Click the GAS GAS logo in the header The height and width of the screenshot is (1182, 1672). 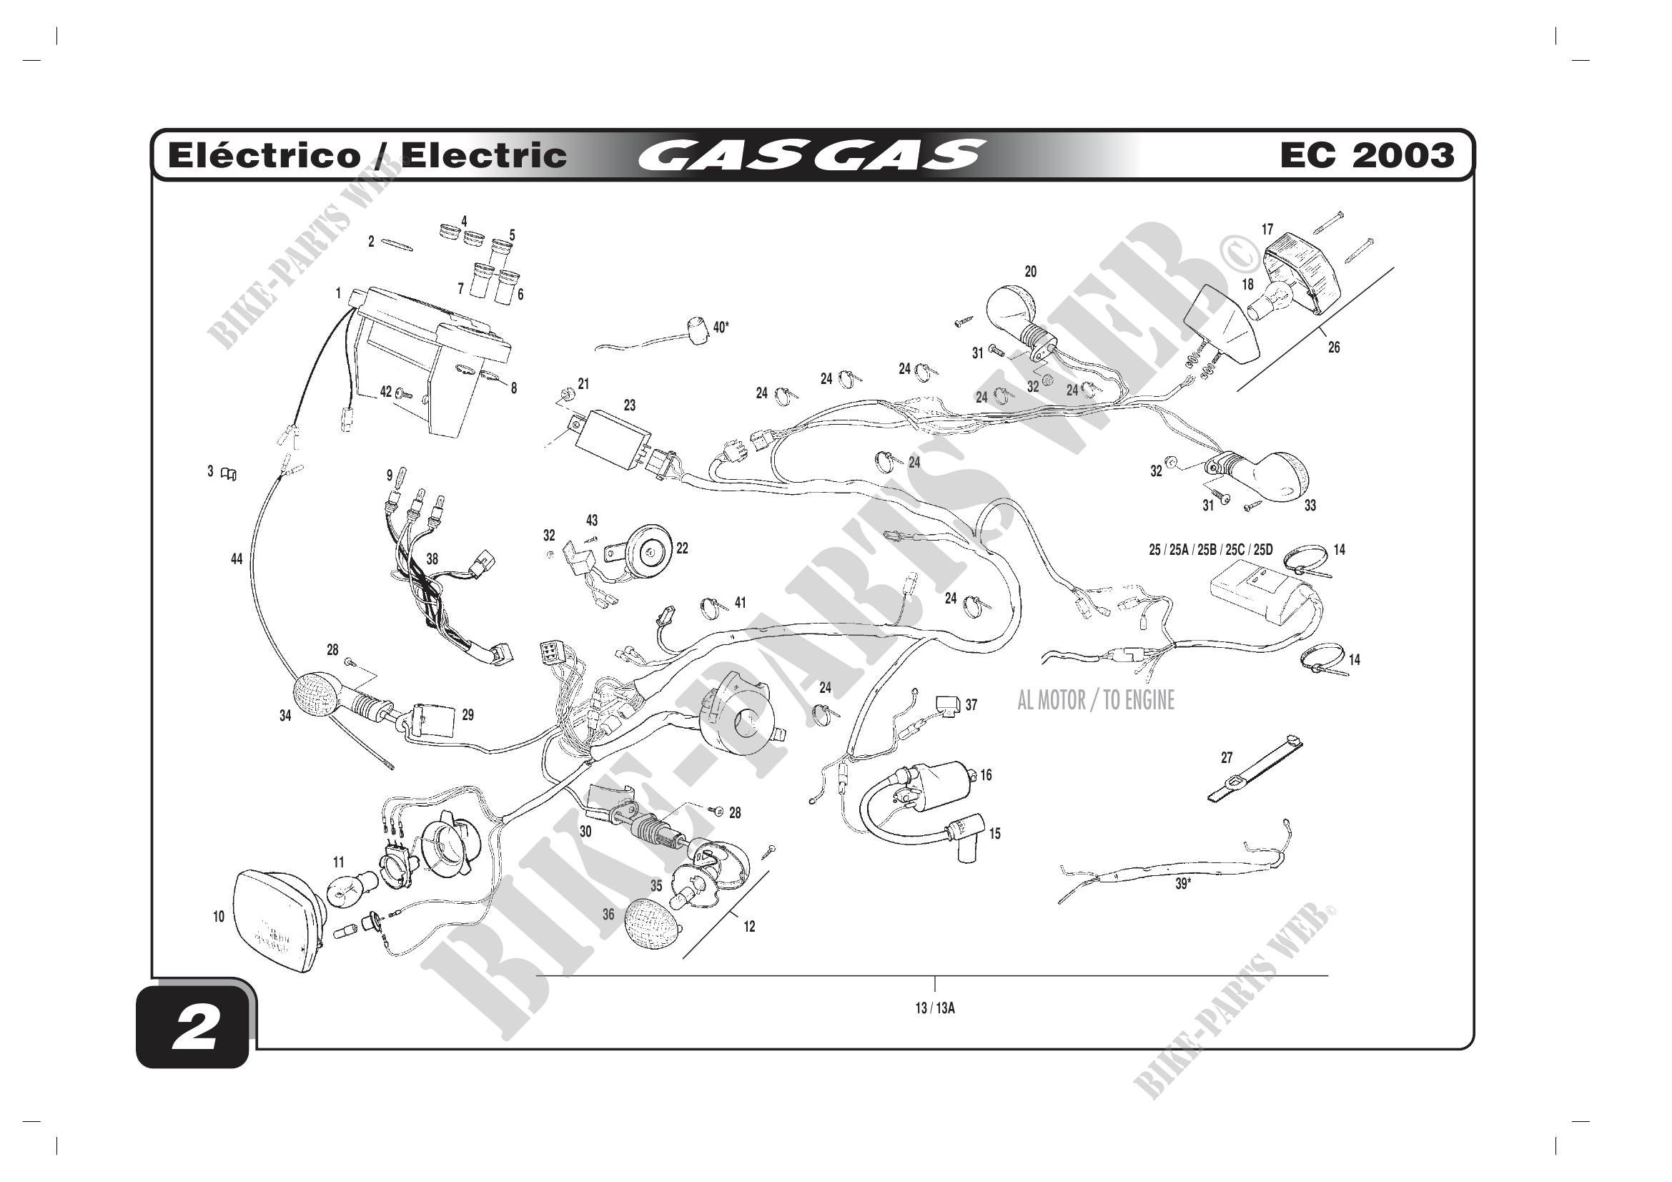[x=811, y=155]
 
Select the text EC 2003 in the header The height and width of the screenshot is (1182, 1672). [x=1366, y=155]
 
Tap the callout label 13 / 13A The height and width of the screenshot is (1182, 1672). [x=934, y=1009]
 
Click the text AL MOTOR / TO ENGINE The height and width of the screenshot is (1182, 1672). [x=1095, y=701]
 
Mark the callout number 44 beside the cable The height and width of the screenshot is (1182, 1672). [x=237, y=559]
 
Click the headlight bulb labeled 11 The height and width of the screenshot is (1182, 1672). [x=347, y=891]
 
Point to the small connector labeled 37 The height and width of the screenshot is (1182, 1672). [x=947, y=704]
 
